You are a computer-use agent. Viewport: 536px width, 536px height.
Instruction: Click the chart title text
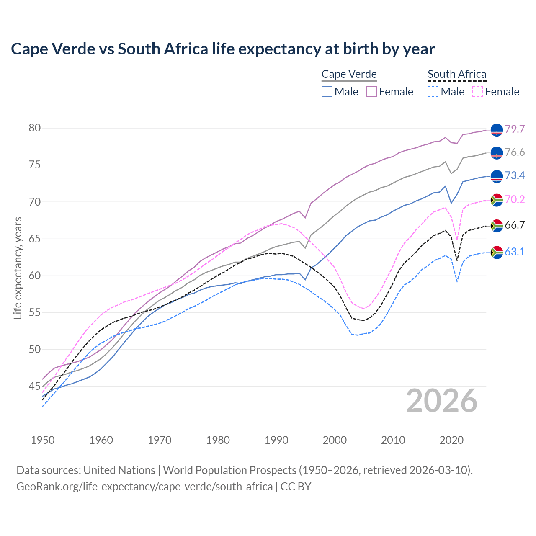[x=223, y=49]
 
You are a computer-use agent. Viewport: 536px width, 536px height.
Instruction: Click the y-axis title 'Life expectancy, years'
[x=18, y=268]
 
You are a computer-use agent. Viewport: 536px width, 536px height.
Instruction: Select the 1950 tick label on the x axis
[x=43, y=440]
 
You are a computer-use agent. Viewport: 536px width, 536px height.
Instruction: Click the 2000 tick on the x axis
[x=335, y=440]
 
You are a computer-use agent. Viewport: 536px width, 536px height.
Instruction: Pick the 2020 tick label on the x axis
[x=451, y=440]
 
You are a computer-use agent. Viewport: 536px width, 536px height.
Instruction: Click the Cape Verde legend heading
[x=349, y=75]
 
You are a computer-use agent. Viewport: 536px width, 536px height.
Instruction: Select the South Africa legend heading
[x=457, y=75]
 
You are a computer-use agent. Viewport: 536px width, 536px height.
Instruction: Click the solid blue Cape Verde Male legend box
[x=327, y=92]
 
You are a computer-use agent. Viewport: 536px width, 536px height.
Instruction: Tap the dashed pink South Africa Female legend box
[x=478, y=92]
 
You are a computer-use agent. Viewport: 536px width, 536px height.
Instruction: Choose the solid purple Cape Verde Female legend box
[x=371, y=92]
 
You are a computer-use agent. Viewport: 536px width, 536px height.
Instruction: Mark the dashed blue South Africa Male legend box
[x=433, y=92]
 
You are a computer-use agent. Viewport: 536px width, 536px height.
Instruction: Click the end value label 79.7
[x=515, y=129]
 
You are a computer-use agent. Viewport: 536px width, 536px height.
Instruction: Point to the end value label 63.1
[x=515, y=252]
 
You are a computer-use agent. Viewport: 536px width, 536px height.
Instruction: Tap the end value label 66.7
[x=515, y=225]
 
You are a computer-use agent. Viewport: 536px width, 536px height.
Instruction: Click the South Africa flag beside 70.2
[x=497, y=200]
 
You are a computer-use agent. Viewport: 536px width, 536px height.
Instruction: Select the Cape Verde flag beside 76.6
[x=497, y=153]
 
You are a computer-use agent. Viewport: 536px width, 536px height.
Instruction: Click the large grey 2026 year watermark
[x=442, y=401]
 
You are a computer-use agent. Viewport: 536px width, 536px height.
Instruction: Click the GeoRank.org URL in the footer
[x=144, y=487]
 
